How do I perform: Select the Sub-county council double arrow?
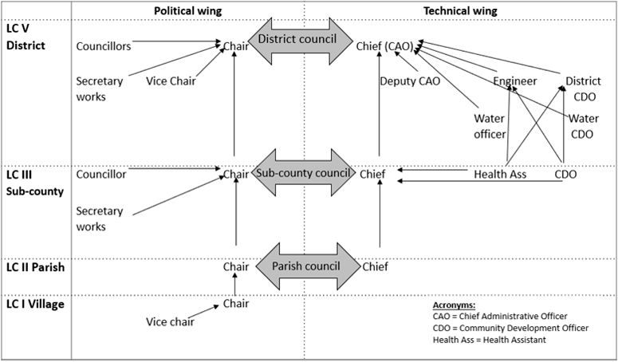[302, 173]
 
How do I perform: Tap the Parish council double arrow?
[302, 266]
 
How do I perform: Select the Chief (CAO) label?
[387, 45]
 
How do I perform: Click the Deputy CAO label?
[408, 81]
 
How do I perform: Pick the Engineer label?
[514, 81]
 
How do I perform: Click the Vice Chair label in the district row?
[171, 81]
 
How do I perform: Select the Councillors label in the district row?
[104, 45]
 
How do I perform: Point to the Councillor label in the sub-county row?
[101, 173]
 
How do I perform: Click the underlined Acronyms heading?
[453, 305]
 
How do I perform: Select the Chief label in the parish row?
[375, 267]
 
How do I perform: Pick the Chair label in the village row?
[236, 303]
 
